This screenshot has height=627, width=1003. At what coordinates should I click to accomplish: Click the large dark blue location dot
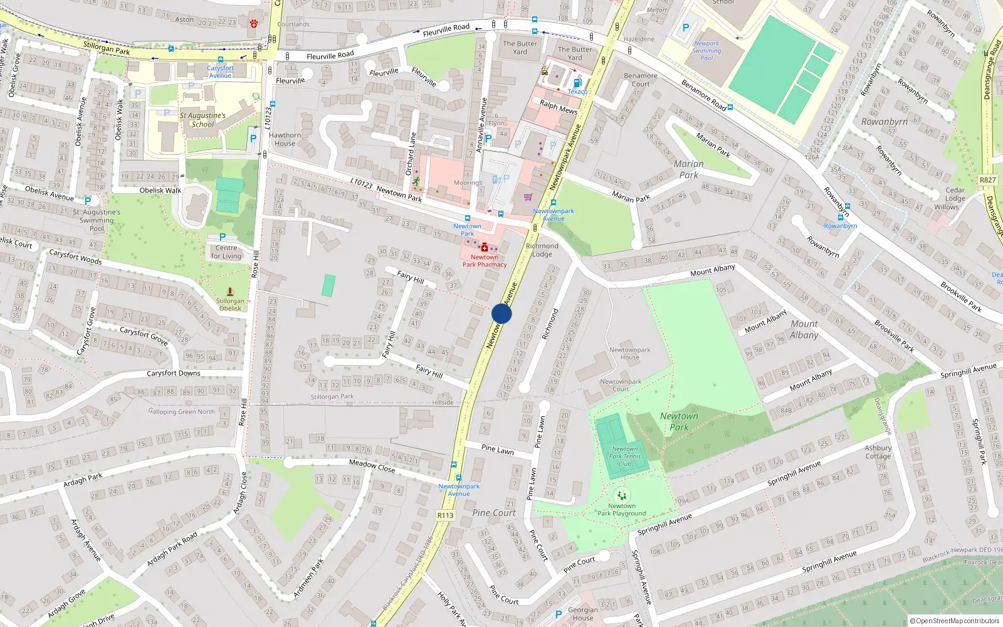tap(501, 313)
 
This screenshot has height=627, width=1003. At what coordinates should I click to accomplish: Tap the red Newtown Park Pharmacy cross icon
tap(485, 247)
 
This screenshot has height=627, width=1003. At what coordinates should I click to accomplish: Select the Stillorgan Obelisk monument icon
tap(230, 292)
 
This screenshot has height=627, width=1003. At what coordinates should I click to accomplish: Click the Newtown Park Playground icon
tap(621, 495)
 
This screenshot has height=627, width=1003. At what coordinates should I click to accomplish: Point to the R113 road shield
tap(445, 515)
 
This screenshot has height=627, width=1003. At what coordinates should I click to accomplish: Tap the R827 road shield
tap(988, 180)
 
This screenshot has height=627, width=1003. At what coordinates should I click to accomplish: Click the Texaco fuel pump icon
tap(577, 82)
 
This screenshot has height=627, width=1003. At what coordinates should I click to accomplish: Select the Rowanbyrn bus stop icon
tap(841, 218)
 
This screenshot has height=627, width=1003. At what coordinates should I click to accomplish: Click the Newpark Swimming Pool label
tap(706, 51)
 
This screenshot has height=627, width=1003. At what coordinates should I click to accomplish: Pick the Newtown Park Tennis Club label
tap(624, 456)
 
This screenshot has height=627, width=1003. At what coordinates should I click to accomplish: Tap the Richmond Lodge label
tap(542, 250)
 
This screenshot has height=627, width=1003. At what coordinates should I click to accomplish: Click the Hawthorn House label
tap(285, 139)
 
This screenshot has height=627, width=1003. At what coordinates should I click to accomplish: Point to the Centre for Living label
tap(226, 252)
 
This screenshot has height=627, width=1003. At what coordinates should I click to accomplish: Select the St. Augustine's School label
tap(202, 120)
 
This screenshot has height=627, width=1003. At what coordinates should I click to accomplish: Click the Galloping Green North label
tap(182, 412)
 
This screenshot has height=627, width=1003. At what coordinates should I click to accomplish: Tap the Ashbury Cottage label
tap(878, 452)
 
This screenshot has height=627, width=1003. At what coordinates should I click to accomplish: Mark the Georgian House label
tap(582, 614)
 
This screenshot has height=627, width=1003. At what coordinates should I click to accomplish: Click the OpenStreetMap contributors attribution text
tap(955, 621)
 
